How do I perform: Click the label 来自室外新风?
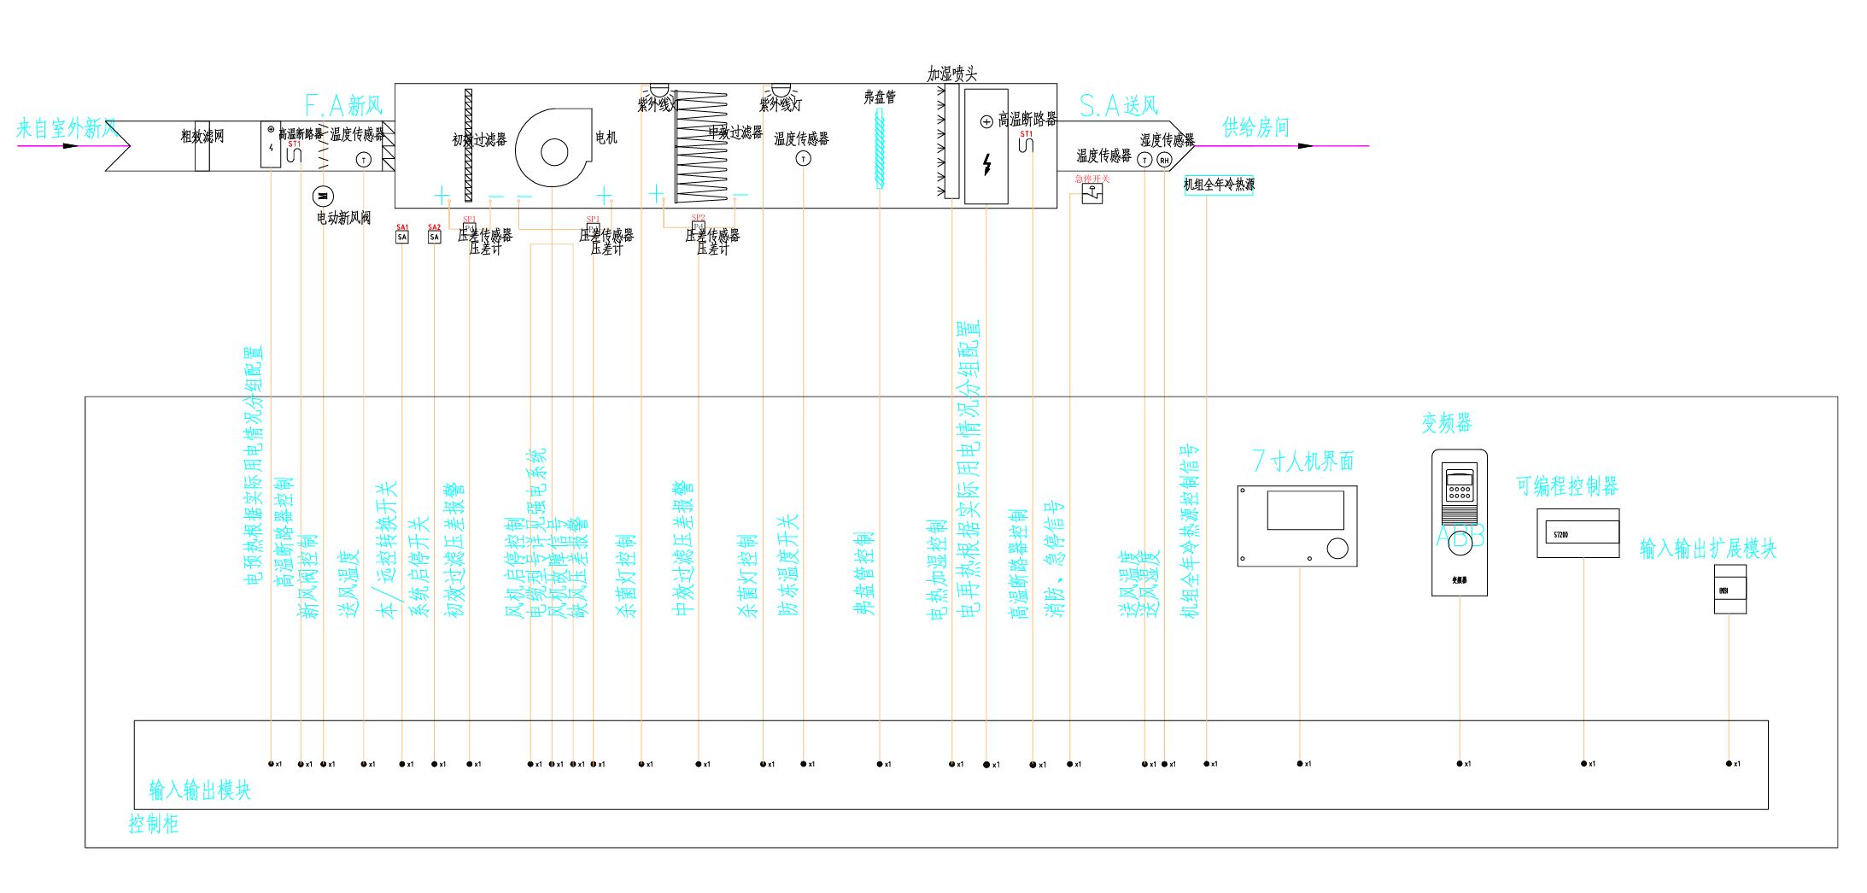click(x=67, y=129)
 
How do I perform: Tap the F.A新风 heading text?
click(x=343, y=106)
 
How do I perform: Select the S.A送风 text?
click(x=1119, y=106)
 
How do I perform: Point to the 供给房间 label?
click(x=1255, y=127)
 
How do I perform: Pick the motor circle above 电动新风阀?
click(x=322, y=197)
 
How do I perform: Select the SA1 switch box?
click(x=402, y=237)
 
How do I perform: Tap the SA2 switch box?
click(x=434, y=237)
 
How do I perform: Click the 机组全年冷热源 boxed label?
click(x=1219, y=185)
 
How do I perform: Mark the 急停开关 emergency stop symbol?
click(x=1092, y=195)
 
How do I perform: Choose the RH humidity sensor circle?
click(x=1164, y=160)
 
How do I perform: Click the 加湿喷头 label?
click(x=951, y=74)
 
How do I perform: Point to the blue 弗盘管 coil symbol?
click(x=880, y=150)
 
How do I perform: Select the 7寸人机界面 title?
click(x=1302, y=461)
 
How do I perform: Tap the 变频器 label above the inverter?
click(x=1447, y=422)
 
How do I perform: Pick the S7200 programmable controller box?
click(x=1577, y=534)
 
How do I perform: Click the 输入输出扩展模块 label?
click(x=1707, y=549)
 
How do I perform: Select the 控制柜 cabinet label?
click(x=154, y=824)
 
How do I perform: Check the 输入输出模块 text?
click(x=200, y=790)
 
